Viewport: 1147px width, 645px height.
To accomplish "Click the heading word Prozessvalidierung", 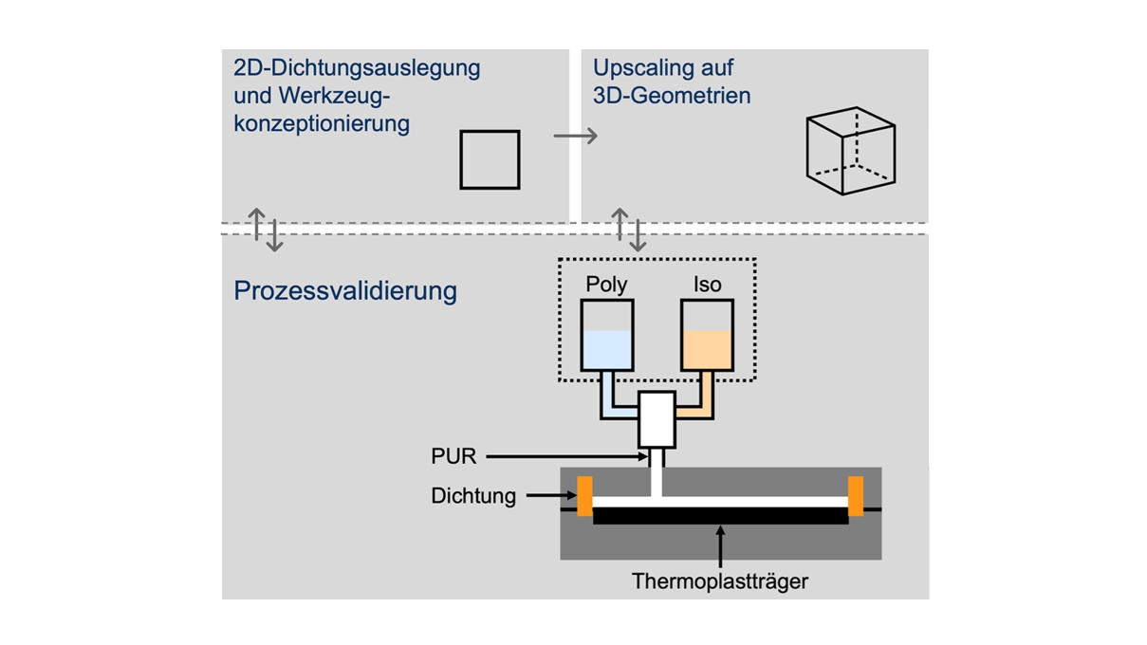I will pyautogui.click(x=345, y=290).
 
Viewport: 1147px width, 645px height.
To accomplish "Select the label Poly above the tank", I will pyautogui.click(x=606, y=285).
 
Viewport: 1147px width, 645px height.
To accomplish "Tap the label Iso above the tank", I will pyautogui.click(x=707, y=285).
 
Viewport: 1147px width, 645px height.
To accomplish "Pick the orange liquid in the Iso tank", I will pyautogui.click(x=707, y=350).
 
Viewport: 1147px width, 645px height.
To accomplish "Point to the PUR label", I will pyautogui.click(x=453, y=457).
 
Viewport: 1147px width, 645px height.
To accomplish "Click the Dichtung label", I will pyautogui.click(x=473, y=495).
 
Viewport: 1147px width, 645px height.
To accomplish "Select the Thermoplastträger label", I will pyautogui.click(x=720, y=580).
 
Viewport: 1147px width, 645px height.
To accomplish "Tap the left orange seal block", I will pyautogui.click(x=584, y=496).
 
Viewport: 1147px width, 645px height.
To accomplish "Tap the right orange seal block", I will pyautogui.click(x=856, y=496).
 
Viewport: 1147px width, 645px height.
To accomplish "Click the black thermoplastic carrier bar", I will pyautogui.click(x=720, y=515).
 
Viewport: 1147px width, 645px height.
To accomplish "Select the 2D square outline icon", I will pyautogui.click(x=490, y=159).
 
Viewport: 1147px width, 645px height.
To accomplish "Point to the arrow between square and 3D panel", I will pyautogui.click(x=575, y=137).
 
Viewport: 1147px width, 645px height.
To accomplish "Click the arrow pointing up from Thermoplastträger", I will pyautogui.click(x=721, y=546).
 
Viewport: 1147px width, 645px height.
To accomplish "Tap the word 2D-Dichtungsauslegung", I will pyautogui.click(x=357, y=68).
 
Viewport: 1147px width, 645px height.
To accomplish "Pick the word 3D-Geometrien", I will pyautogui.click(x=672, y=96).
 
